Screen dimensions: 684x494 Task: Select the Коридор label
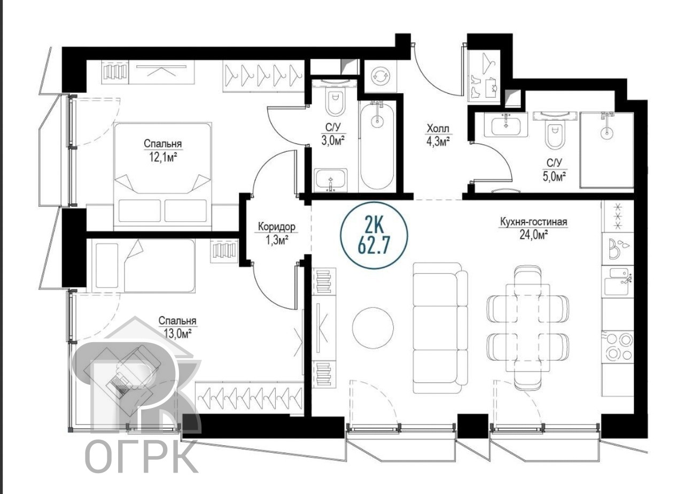(277, 227)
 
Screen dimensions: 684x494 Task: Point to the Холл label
(438, 129)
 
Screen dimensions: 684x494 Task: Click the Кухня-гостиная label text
(533, 222)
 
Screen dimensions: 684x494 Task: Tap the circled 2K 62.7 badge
(374, 235)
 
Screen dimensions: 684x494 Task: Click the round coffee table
(373, 327)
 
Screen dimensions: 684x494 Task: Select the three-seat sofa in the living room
(440, 328)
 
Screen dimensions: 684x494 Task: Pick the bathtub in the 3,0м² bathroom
(377, 146)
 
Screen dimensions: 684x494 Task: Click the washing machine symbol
(380, 75)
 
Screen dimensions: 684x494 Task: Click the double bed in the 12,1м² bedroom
(163, 176)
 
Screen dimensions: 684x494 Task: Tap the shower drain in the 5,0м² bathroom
(607, 133)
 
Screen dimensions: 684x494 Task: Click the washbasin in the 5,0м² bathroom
(506, 125)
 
